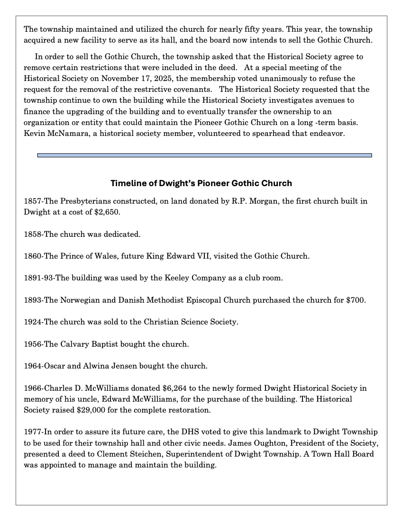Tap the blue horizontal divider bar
click(x=204, y=155)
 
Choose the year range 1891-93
click(x=38, y=278)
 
